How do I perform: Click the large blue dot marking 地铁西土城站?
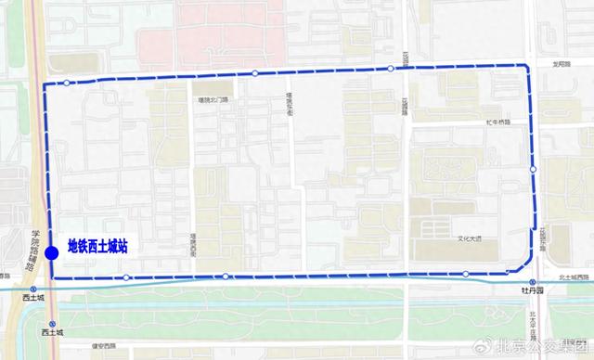pos(51,251)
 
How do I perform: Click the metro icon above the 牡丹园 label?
pos(531,281)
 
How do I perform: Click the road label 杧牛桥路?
pos(497,122)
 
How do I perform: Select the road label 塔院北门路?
pos(213,99)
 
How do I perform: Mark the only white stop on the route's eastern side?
pos(533,169)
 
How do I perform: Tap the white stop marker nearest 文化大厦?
pos(465,273)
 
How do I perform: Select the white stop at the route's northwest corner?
pos(67,84)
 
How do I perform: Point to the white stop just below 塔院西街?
pos(225,276)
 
